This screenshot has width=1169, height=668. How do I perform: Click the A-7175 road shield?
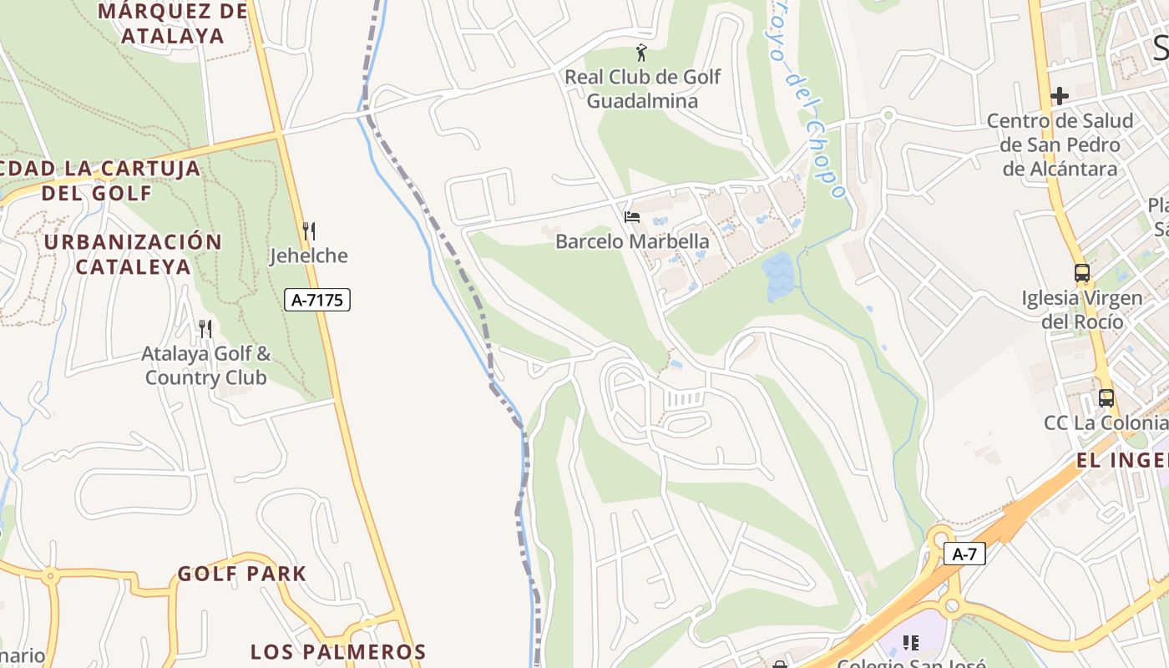click(317, 300)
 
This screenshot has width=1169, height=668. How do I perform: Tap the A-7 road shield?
click(964, 554)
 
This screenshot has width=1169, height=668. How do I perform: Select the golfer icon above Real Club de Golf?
click(641, 53)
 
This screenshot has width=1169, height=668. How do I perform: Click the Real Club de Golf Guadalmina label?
click(642, 89)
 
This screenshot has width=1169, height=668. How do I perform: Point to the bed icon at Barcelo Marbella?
click(632, 217)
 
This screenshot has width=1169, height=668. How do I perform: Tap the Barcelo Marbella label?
click(632, 242)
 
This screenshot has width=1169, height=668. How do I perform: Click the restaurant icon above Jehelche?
click(308, 231)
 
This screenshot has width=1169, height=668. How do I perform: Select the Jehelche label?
click(308, 256)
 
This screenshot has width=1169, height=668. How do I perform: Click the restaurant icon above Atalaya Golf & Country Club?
click(205, 329)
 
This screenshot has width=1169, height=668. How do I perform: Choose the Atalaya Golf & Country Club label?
click(205, 366)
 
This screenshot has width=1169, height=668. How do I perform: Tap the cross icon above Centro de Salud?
click(1060, 96)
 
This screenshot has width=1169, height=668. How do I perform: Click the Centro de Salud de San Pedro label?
click(1060, 144)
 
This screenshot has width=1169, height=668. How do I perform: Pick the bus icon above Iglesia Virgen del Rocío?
click(1082, 273)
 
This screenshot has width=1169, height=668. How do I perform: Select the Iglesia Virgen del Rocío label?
click(1082, 310)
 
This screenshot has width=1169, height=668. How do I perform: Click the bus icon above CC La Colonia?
click(1106, 398)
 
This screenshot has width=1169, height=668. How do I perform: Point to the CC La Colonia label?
click(1105, 423)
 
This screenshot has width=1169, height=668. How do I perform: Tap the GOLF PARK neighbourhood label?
click(242, 574)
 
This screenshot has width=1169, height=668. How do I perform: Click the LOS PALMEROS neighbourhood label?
click(338, 651)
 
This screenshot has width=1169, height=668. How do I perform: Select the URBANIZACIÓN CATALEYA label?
click(134, 255)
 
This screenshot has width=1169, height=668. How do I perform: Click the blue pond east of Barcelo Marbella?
click(777, 277)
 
